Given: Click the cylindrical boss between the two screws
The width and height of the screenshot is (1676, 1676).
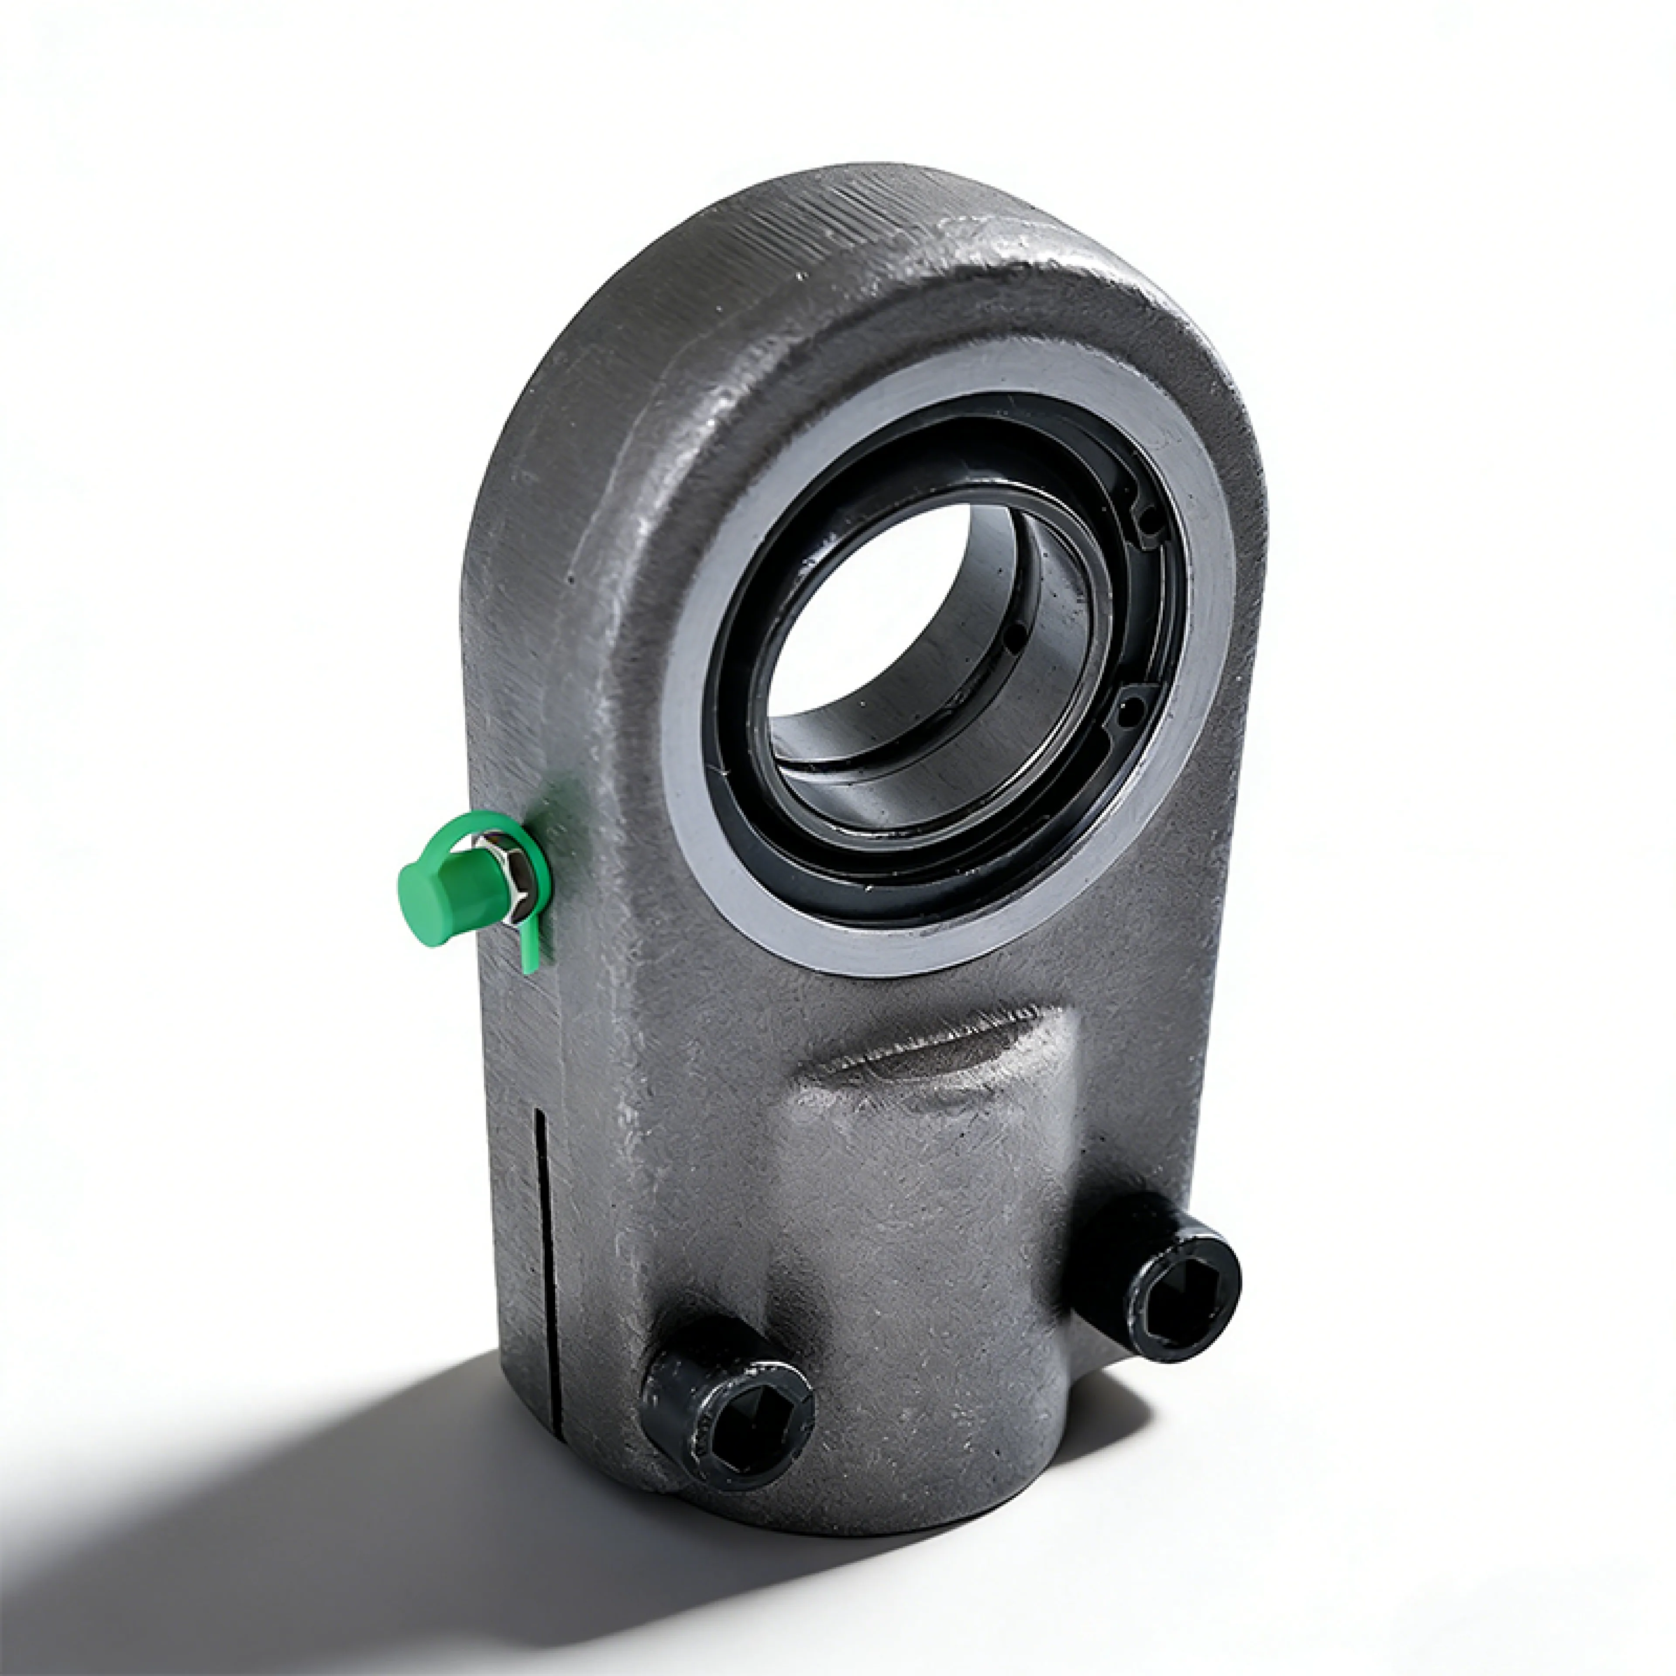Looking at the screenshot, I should [x=937, y=1301].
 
